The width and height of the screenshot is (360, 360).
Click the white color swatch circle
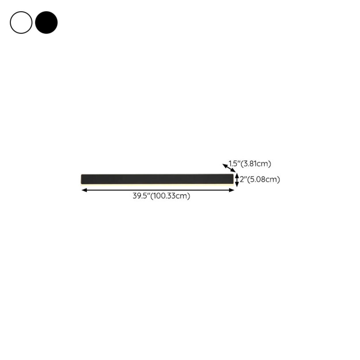21,23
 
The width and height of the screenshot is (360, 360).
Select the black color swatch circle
46,23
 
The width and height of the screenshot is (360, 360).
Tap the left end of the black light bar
83,179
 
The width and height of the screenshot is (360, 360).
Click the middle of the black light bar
157,179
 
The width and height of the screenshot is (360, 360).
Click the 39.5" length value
141,196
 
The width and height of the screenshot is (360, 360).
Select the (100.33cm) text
170,196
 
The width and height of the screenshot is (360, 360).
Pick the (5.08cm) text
264,179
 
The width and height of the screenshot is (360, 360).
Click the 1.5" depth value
234,163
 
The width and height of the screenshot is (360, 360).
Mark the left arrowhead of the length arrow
83,190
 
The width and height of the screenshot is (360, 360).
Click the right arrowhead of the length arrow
232,190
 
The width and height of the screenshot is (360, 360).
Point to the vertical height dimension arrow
237,180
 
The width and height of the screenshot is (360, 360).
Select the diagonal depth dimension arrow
229,168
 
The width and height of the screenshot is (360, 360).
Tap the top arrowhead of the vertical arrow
237,176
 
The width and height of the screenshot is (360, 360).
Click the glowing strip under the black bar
157,184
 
